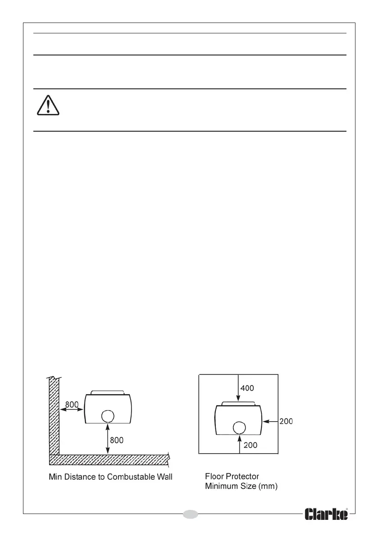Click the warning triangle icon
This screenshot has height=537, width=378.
point(47,106)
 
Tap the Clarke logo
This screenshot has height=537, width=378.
point(327,514)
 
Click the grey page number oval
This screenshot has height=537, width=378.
point(191,514)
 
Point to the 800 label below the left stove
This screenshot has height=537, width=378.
point(116,440)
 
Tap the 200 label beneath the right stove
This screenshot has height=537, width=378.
point(251,445)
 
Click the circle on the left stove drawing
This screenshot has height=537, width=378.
point(107,416)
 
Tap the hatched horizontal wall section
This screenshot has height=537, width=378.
point(108,459)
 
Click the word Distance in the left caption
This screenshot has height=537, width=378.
point(76,477)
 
